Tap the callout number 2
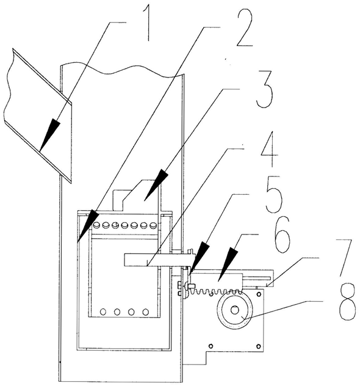click(x=244, y=27)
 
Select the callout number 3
click(x=264, y=90)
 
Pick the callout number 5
click(x=273, y=194)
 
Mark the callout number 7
click(x=345, y=257)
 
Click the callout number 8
click(x=347, y=302)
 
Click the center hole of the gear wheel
click(x=234, y=310)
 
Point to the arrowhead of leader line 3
click(x=156, y=184)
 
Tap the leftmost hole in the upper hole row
click(x=96, y=225)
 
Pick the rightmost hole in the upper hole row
click(x=153, y=225)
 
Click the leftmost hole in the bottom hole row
click(x=103, y=311)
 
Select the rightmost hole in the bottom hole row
click(x=146, y=312)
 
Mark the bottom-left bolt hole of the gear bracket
click(x=211, y=346)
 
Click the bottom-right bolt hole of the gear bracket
click(x=258, y=346)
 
